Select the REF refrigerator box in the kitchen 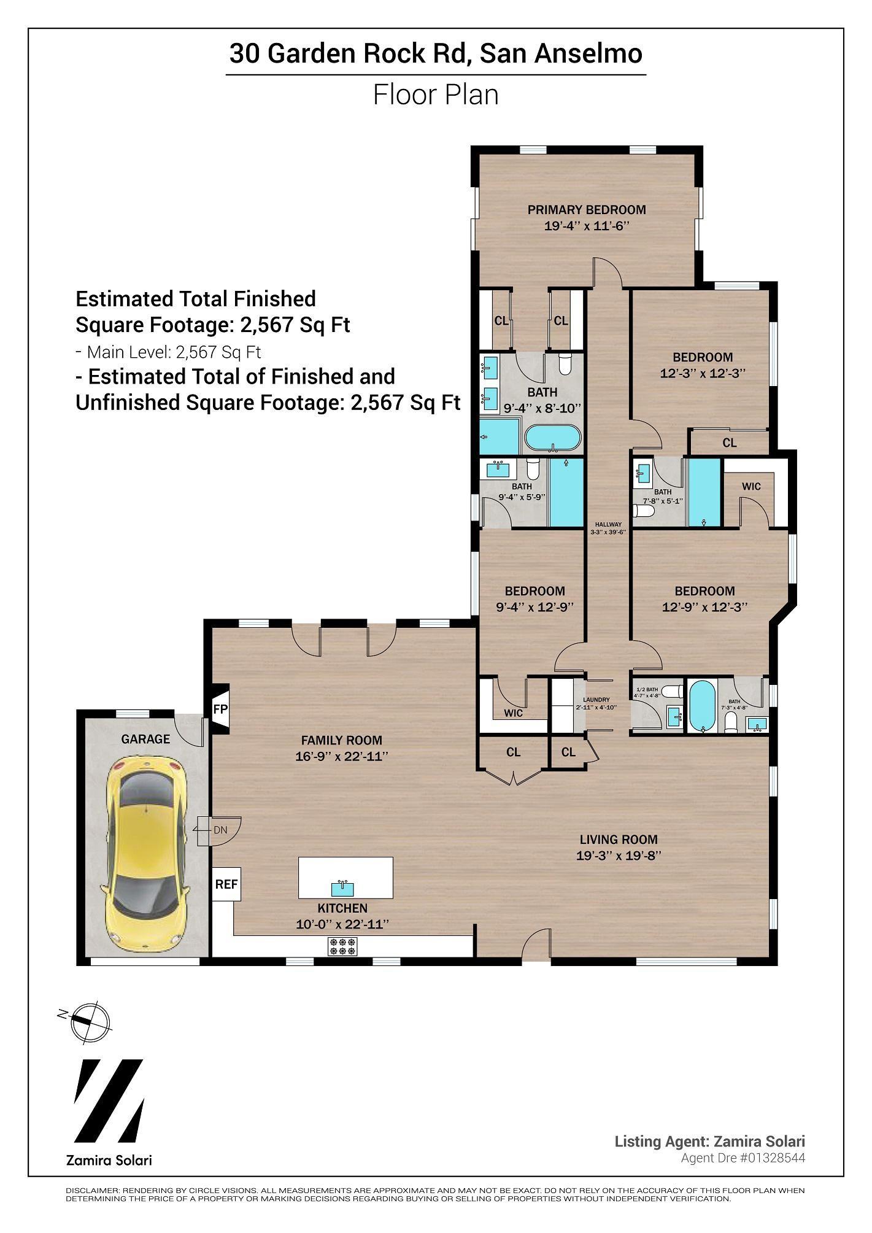click(x=225, y=884)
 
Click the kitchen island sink click(x=342, y=887)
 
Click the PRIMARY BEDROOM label click(x=587, y=210)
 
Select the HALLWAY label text click(x=608, y=524)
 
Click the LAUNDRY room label click(x=596, y=700)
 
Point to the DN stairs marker click(x=220, y=830)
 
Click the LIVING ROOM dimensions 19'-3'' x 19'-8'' click(x=618, y=856)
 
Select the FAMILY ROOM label click(x=341, y=740)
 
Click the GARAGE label click(x=145, y=739)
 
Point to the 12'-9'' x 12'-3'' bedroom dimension click(x=704, y=607)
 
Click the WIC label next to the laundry click(x=513, y=713)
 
